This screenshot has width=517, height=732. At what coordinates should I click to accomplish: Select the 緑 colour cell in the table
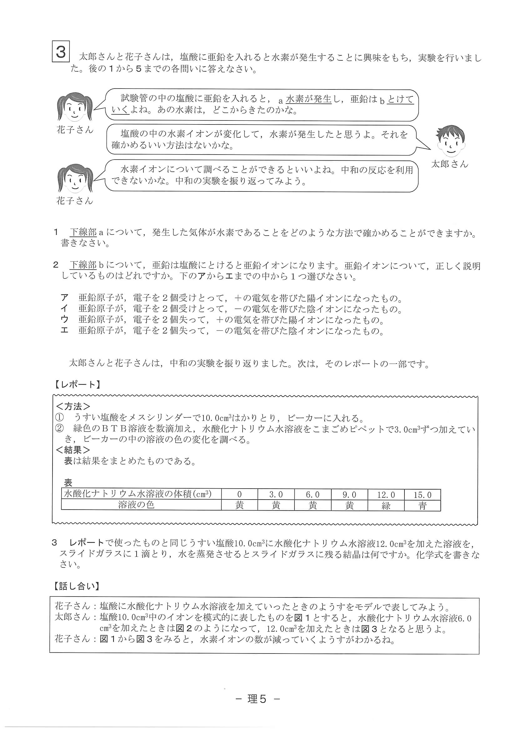point(386,506)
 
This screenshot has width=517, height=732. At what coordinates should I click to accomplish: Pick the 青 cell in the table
point(422,506)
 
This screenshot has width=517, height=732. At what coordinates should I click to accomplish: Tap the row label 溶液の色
point(136,505)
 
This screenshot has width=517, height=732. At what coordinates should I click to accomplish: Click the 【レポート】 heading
point(77,385)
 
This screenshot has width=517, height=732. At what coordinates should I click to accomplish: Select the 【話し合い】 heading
point(76,586)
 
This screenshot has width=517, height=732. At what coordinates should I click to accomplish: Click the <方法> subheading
point(73,406)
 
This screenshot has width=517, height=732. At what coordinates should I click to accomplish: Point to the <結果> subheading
point(73,450)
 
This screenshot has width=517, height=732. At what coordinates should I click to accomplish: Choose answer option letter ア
point(65,298)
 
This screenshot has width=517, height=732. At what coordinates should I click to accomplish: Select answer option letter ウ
point(65,319)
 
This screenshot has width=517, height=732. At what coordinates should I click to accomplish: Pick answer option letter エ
point(65,330)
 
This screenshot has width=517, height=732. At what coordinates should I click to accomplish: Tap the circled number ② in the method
point(60,429)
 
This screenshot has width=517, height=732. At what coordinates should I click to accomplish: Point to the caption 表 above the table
point(68,483)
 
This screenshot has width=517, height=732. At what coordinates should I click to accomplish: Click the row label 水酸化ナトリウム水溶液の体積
point(137,494)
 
